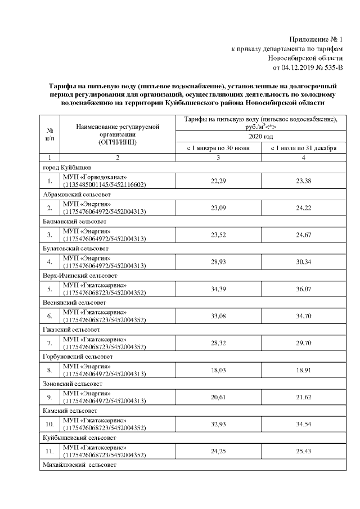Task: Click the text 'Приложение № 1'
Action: coord(316,39)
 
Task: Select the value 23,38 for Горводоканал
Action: coord(304,181)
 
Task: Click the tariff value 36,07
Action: coord(304,290)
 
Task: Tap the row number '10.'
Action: coord(49,425)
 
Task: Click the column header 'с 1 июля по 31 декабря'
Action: coord(304,148)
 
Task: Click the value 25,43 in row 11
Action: coord(304,452)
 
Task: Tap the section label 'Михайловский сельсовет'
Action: coord(78,465)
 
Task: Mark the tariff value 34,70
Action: coord(304,317)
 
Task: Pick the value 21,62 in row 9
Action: coord(304,398)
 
